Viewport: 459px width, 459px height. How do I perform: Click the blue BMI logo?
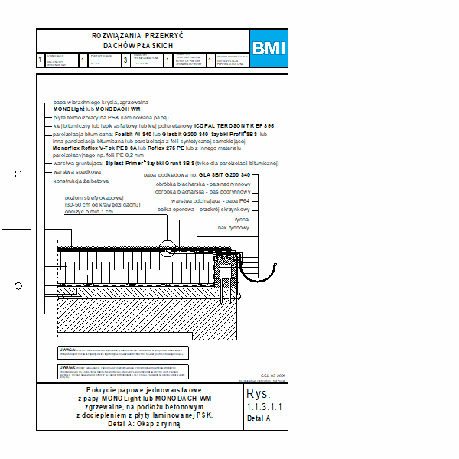pos(269,48)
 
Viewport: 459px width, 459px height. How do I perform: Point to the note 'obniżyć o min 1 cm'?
pos(89,211)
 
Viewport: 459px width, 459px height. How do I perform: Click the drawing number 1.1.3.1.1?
pos(265,406)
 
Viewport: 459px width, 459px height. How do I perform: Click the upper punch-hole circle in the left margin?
pos(18,174)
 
